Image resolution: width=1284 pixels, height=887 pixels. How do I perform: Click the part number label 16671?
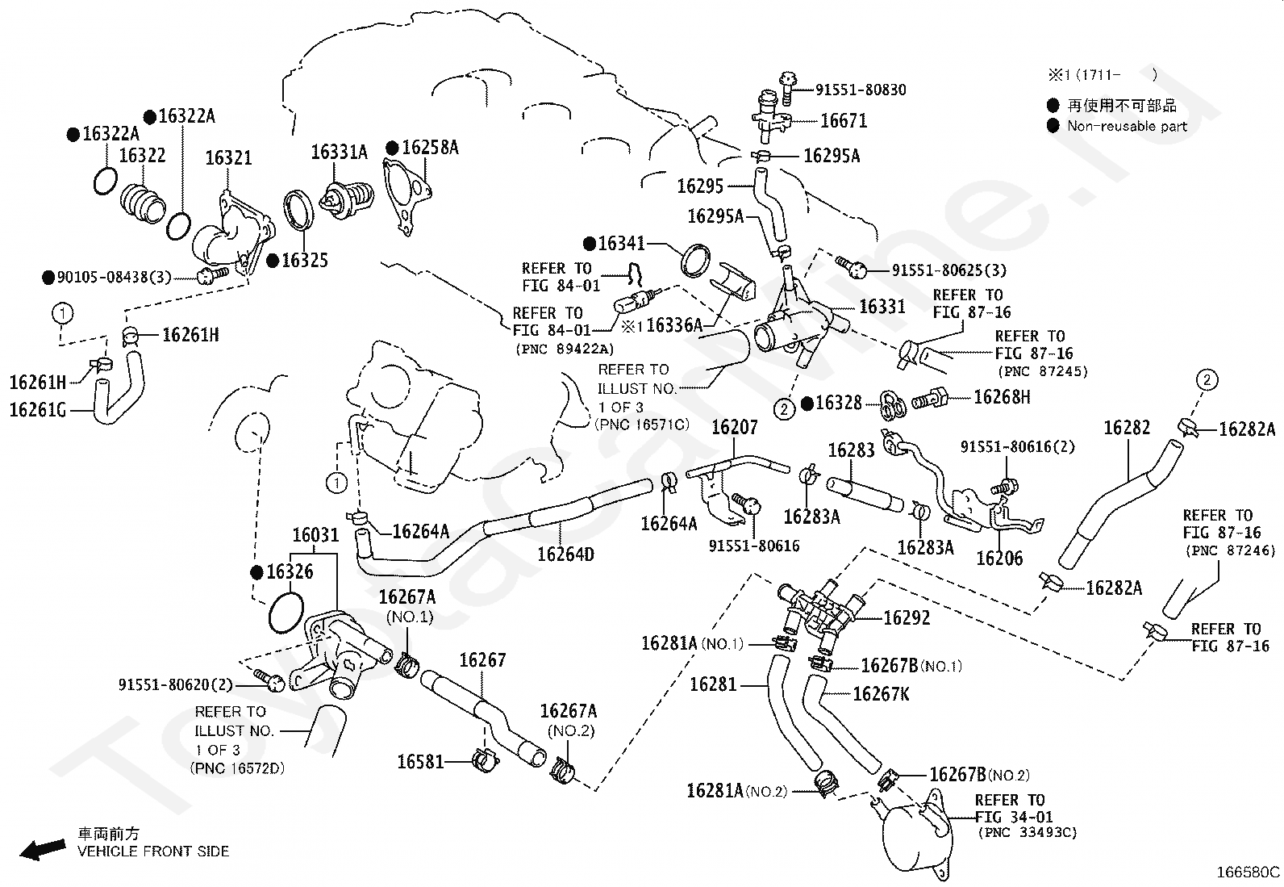(843, 121)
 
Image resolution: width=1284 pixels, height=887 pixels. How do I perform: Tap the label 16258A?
(430, 148)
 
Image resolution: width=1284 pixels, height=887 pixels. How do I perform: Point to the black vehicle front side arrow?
(43, 848)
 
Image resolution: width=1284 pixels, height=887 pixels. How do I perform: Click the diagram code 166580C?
(1248, 872)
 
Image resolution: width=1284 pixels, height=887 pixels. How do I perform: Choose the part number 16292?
(907, 618)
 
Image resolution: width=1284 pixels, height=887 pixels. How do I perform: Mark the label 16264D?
(565, 554)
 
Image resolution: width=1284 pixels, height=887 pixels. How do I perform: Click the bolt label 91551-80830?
(861, 90)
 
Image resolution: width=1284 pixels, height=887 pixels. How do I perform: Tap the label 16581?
(420, 762)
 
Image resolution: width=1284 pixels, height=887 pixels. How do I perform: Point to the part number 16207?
(734, 428)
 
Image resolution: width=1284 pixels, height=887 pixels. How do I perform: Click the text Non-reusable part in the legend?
(1127, 126)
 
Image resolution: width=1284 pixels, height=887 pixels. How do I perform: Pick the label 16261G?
(38, 410)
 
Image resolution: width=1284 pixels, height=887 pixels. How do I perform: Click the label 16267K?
(881, 694)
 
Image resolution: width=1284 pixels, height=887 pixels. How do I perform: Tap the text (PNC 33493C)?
(1028, 832)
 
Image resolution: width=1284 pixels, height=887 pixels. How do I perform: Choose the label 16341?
(621, 244)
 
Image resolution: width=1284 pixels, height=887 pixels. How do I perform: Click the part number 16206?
(999, 559)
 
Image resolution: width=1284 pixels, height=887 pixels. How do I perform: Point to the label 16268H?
(1002, 396)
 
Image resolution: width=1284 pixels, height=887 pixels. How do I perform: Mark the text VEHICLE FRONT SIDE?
(153, 851)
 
